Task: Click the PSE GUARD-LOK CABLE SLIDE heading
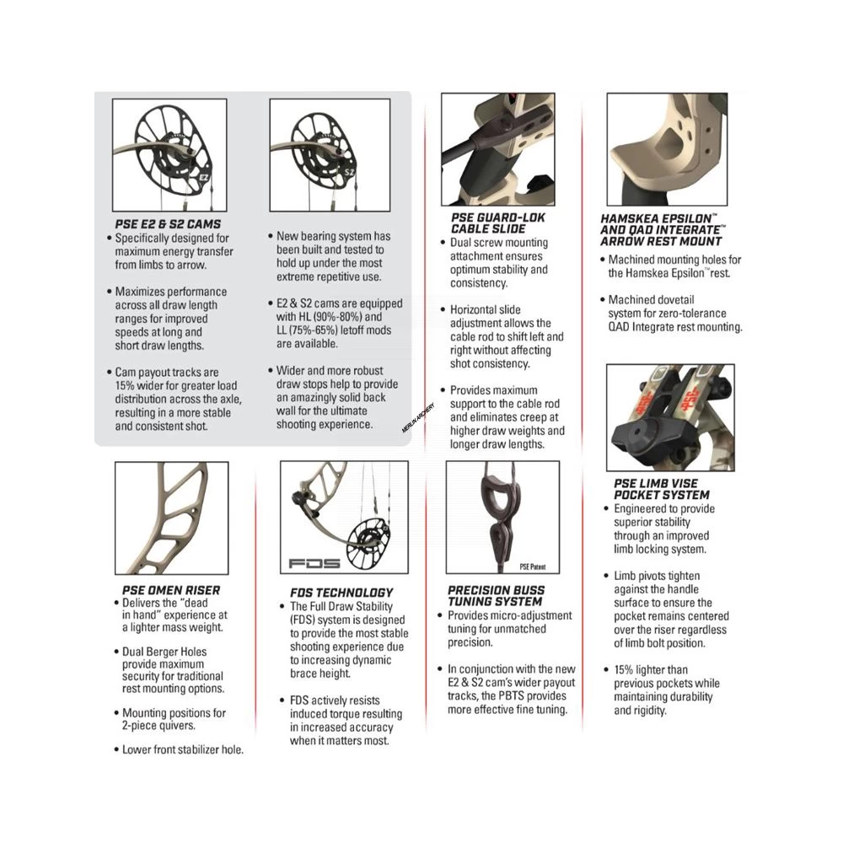click(497, 223)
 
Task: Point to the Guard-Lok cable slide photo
click(497, 149)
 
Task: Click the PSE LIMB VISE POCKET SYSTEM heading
click(662, 489)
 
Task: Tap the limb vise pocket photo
click(669, 417)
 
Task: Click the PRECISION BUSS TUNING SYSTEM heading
click(497, 596)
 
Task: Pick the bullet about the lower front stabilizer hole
click(182, 749)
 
